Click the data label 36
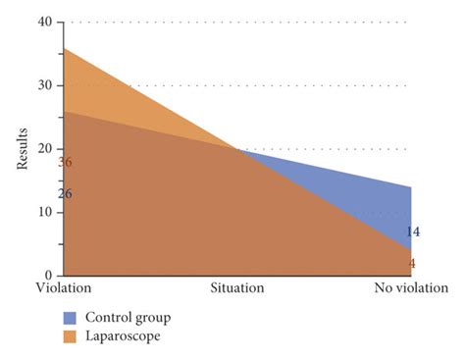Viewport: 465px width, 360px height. (x=66, y=162)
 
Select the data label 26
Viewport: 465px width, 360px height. (x=66, y=194)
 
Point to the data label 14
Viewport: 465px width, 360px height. (x=413, y=232)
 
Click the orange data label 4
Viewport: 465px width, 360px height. (x=412, y=263)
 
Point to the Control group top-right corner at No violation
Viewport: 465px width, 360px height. (x=411, y=187)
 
